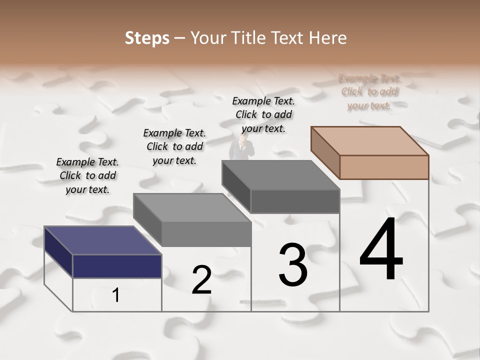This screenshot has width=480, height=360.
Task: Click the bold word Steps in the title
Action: (147, 38)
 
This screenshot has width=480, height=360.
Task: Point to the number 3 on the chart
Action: (292, 264)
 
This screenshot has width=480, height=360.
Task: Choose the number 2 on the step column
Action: (201, 279)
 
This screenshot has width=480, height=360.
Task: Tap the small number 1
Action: (116, 295)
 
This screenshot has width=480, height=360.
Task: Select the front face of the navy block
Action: (117, 266)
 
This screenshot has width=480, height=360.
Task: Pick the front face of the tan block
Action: (384, 167)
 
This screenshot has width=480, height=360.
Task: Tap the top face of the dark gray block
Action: (280, 175)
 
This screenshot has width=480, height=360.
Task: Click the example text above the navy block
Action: (87, 175)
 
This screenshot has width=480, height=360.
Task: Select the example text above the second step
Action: (174, 146)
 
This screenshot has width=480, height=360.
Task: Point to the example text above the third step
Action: (263, 114)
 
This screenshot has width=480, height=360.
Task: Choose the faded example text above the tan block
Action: (369, 92)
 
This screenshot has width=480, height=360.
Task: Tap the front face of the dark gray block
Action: (295, 201)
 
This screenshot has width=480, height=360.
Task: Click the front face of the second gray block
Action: (206, 233)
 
